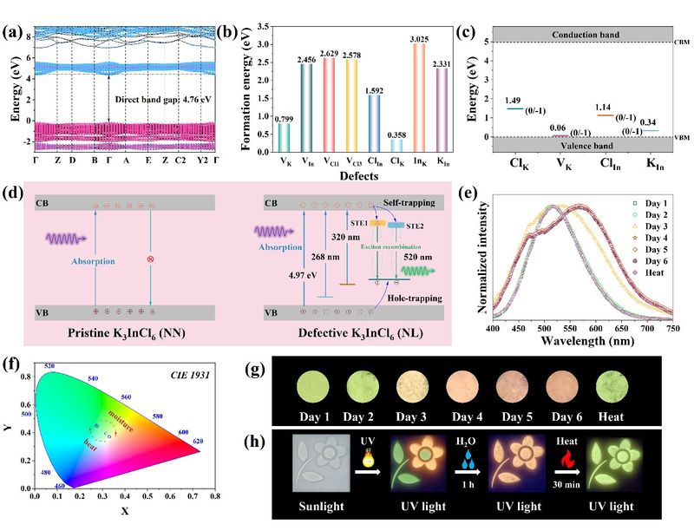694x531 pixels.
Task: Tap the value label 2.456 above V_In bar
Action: [x=306, y=58]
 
